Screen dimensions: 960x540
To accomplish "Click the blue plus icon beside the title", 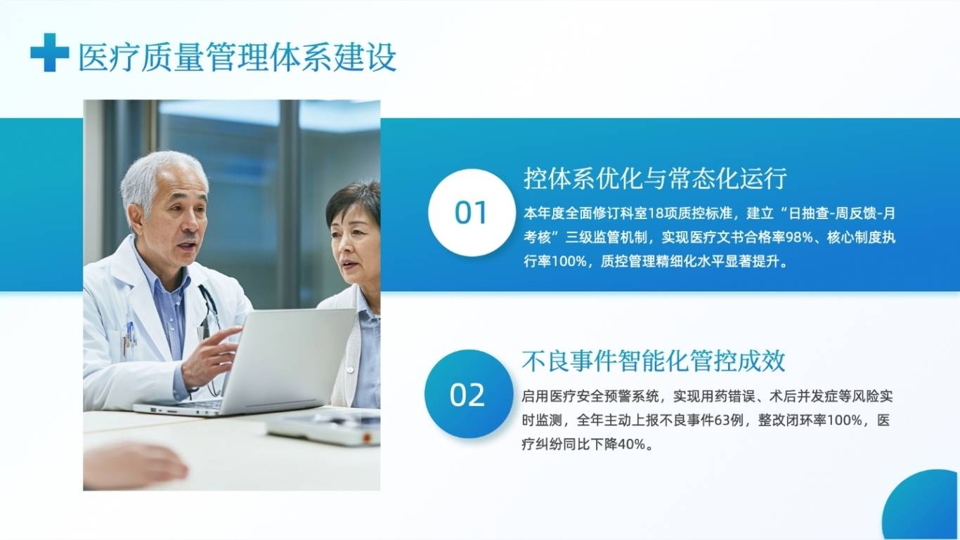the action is click(50, 52).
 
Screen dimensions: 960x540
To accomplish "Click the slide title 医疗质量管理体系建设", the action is click(237, 58).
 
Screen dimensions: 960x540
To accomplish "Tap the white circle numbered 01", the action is click(472, 212).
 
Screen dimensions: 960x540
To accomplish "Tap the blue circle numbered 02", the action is click(469, 394).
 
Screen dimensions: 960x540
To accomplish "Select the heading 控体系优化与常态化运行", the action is click(655, 178).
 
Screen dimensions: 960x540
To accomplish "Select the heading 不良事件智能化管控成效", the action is click(653, 361).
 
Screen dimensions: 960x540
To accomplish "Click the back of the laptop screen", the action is click(288, 360).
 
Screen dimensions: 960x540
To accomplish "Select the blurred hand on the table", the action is click(135, 466).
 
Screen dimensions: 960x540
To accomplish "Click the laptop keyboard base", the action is click(180, 408).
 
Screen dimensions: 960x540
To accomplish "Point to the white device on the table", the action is click(323, 427).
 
